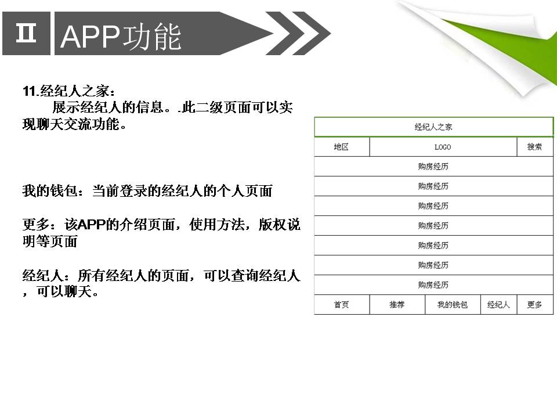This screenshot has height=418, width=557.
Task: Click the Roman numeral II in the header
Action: point(26,33)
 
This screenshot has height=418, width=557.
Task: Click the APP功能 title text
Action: point(121,36)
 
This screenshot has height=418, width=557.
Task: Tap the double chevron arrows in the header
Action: point(298,34)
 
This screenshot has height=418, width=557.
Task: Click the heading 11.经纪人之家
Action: point(69,91)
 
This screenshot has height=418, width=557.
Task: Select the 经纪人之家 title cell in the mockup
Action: point(434,127)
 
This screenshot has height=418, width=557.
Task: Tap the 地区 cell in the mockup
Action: point(342,147)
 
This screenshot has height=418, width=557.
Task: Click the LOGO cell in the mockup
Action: point(443,147)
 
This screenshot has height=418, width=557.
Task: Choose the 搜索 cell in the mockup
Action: point(535,147)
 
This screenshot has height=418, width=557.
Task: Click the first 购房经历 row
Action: point(434,167)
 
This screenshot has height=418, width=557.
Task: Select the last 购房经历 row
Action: point(434,284)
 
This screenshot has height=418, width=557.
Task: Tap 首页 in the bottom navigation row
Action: point(342,305)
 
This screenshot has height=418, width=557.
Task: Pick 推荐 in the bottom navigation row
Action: point(397,305)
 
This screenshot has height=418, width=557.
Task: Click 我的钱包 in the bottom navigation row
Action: point(453,305)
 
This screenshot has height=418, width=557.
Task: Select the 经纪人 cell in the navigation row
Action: point(499,305)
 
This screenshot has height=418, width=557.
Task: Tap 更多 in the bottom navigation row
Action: point(535,305)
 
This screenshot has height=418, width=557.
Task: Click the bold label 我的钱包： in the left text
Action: point(53,191)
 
